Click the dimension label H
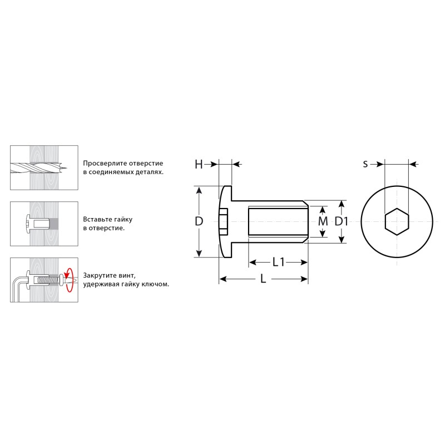(199, 164)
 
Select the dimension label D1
(341, 221)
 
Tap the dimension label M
(323, 221)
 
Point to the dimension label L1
(278, 262)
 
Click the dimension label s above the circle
(365, 164)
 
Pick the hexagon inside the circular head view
(397, 221)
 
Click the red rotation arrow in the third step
(68, 280)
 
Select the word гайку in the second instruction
(123, 220)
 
